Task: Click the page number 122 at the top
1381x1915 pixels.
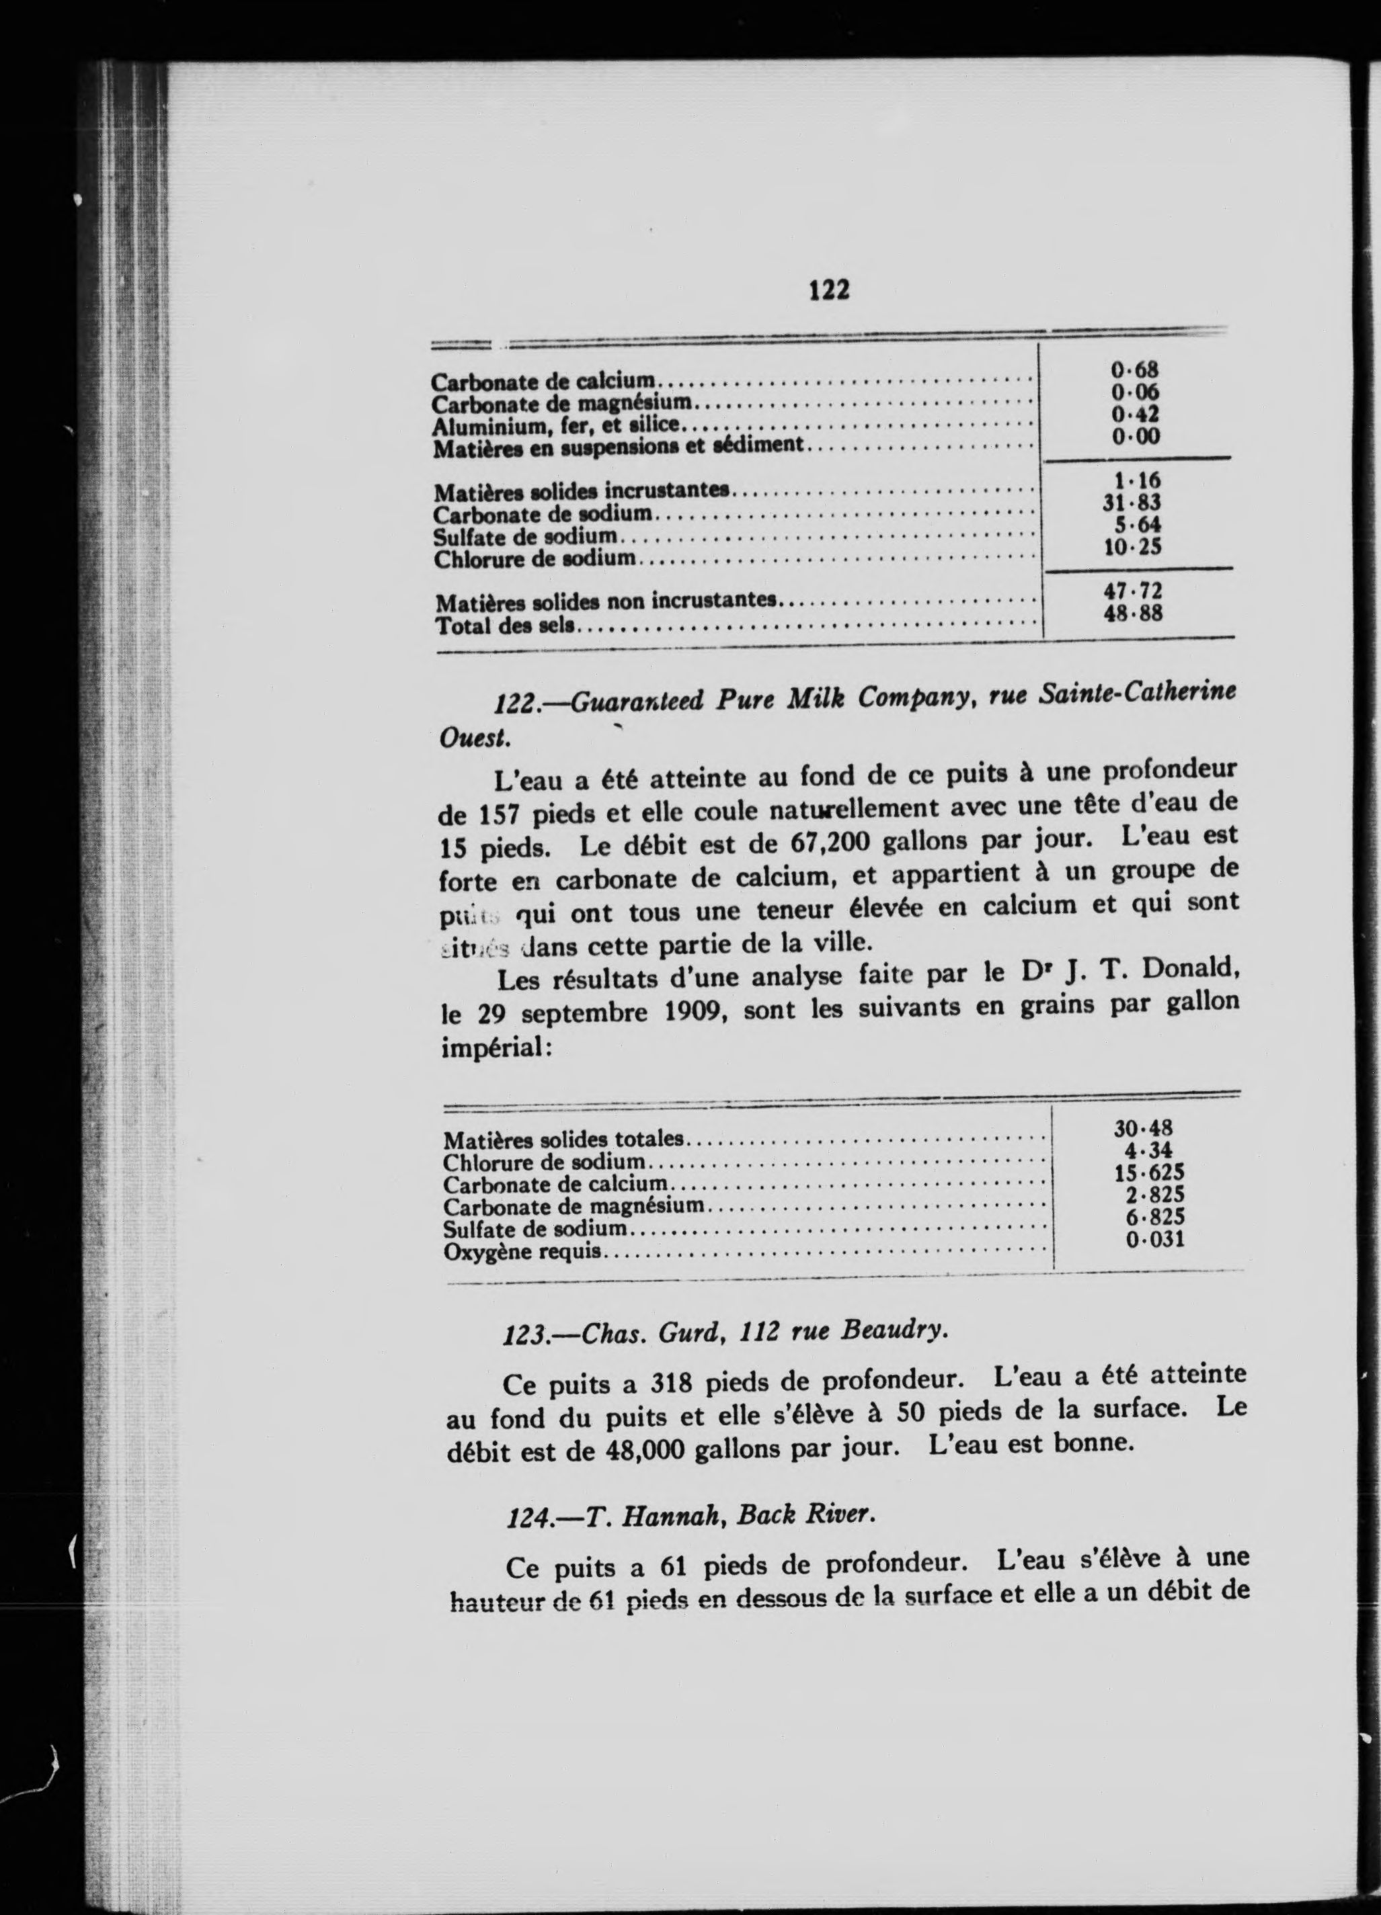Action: coord(828,290)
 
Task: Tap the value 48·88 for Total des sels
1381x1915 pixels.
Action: coord(1134,614)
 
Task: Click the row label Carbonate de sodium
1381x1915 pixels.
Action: coord(543,514)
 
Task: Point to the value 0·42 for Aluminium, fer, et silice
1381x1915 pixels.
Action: coord(1135,415)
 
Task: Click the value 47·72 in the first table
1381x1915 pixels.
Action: coord(1133,591)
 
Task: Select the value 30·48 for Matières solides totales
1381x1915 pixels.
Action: coord(1144,1129)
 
